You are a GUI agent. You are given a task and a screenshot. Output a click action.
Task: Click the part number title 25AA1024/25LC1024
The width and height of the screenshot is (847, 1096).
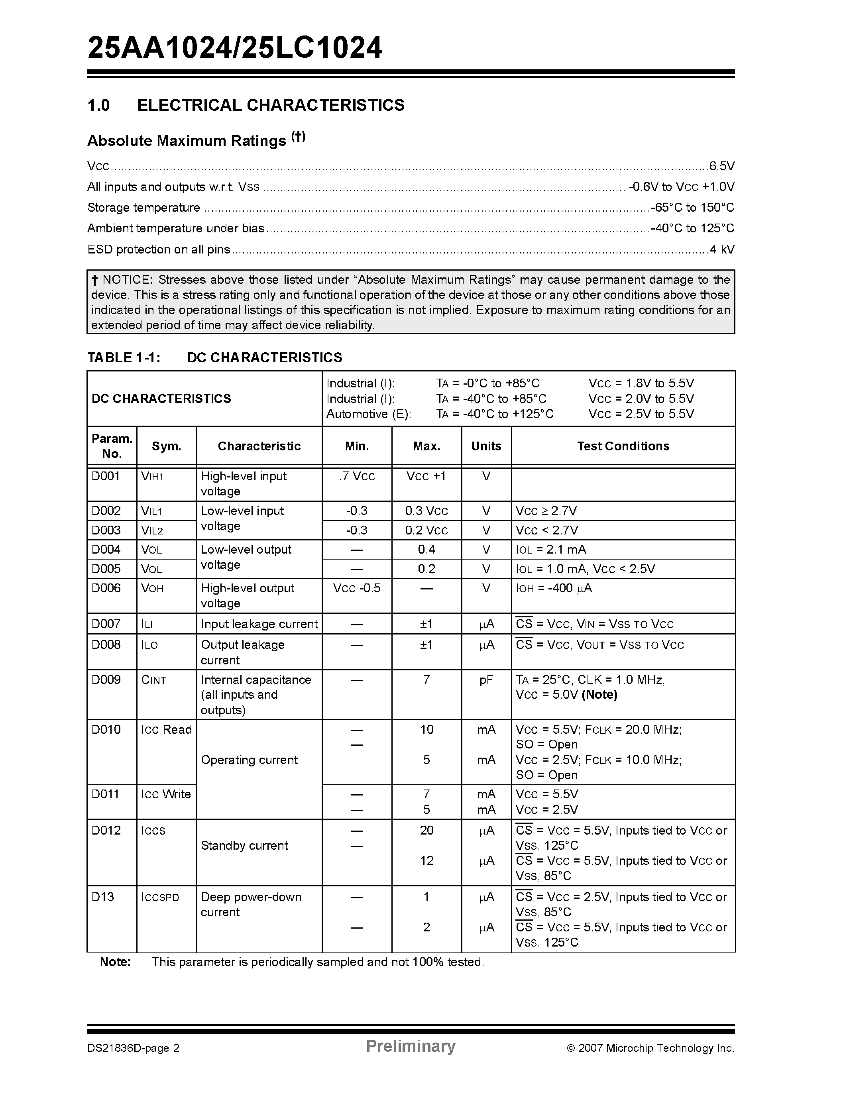pos(235,49)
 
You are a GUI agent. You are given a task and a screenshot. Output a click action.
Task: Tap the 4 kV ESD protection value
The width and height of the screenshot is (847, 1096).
pos(722,249)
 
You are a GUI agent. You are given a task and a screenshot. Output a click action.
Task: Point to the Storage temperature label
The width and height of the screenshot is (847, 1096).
pos(143,208)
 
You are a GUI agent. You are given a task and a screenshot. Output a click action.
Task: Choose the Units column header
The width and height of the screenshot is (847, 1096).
pos(486,446)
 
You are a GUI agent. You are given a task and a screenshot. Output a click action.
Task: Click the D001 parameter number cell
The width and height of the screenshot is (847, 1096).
pos(106,476)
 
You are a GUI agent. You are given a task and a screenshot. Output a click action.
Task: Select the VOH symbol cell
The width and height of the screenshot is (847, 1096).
pos(153,588)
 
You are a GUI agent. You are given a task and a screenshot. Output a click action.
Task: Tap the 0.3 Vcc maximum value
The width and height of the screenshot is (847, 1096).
pos(426,511)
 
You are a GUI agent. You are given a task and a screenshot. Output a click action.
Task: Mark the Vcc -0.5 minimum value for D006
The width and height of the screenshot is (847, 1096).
pos(357,588)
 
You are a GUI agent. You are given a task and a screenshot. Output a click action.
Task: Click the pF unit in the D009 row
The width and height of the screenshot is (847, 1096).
pos(486,680)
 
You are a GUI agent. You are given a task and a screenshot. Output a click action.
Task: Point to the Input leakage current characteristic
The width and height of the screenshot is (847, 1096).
pos(259,624)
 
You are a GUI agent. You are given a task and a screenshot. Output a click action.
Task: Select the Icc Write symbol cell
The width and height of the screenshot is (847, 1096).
pos(166,794)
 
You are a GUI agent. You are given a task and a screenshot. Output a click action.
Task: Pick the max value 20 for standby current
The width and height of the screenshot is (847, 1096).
pos(426,831)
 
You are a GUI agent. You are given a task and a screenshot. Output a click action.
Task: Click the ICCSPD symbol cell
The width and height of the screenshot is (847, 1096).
pos(160,897)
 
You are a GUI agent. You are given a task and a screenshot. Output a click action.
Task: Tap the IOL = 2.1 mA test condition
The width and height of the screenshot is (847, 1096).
pos(551,550)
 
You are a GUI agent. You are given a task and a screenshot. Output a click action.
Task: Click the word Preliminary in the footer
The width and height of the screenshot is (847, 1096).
pos(411,1046)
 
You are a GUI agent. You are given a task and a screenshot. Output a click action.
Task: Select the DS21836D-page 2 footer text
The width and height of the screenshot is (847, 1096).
pos(134,1048)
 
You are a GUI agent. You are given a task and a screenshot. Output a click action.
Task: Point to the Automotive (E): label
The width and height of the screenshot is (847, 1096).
pos(368,414)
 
